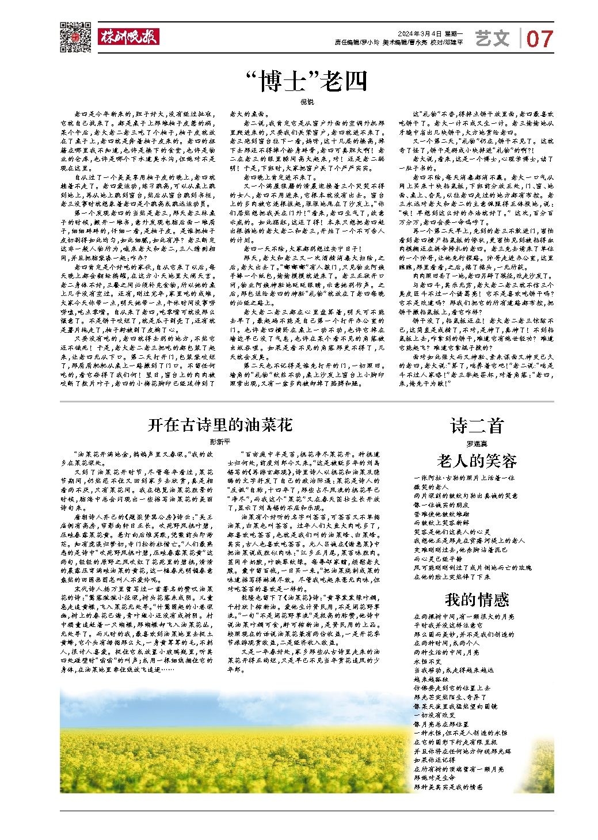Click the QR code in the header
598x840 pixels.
click(75, 36)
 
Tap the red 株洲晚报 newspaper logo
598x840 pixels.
click(128, 37)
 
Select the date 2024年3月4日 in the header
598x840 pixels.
click(419, 33)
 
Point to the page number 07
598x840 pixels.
click(539, 39)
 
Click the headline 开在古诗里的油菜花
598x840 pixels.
click(220, 425)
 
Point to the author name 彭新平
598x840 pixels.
click(220, 442)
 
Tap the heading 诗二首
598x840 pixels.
click(477, 425)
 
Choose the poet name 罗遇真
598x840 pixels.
click(477, 443)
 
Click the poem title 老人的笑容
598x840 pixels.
click(477, 461)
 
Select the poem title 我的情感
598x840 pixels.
click(477, 600)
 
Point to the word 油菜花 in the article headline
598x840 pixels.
click(271, 425)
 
